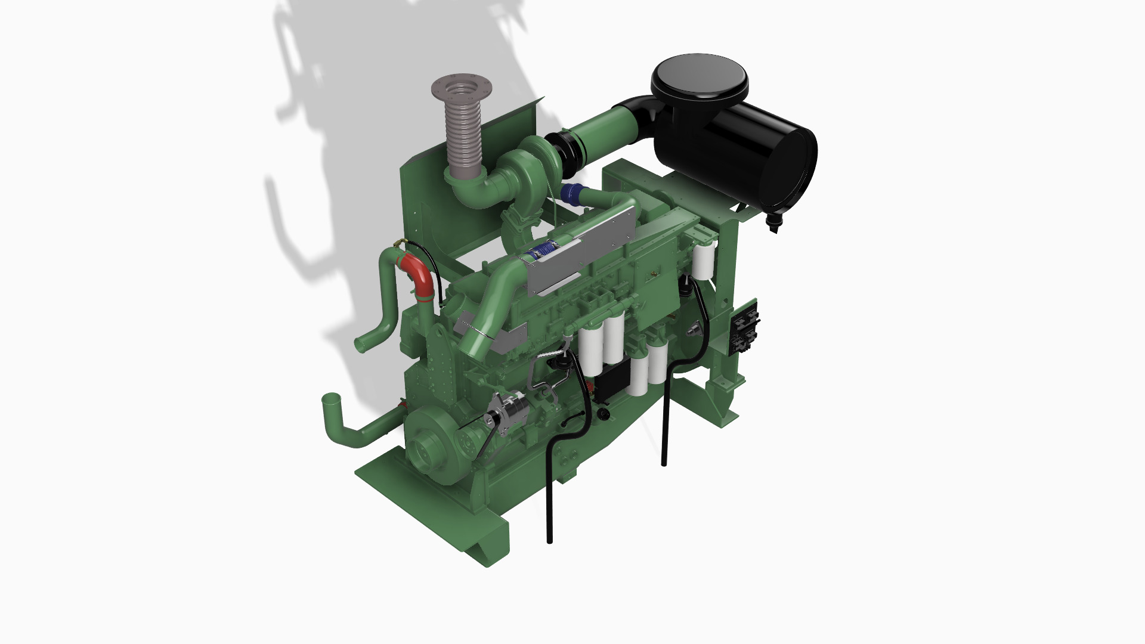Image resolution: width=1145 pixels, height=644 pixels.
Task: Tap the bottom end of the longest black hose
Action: [549, 540]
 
